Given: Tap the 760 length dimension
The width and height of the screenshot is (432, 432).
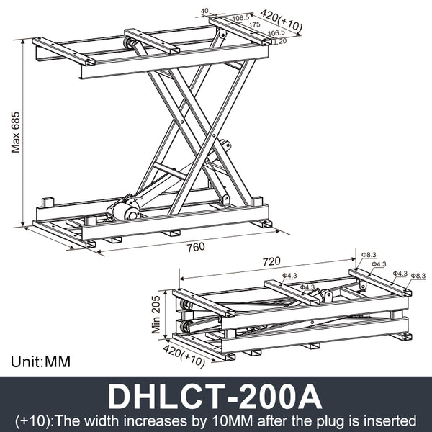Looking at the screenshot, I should (195, 247).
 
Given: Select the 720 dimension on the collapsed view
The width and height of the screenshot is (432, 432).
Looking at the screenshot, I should (271, 261).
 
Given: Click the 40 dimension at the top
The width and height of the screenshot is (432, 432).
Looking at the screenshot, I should (204, 11).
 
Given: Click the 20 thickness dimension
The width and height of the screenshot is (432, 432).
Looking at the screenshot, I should (282, 41).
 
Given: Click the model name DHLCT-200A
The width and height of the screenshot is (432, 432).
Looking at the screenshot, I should (215, 395).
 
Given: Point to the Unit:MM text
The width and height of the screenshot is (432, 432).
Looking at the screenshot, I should (41, 361).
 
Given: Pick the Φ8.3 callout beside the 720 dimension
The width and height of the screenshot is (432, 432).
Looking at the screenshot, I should (369, 255).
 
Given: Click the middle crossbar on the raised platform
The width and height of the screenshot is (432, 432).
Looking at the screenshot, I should (151, 41).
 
